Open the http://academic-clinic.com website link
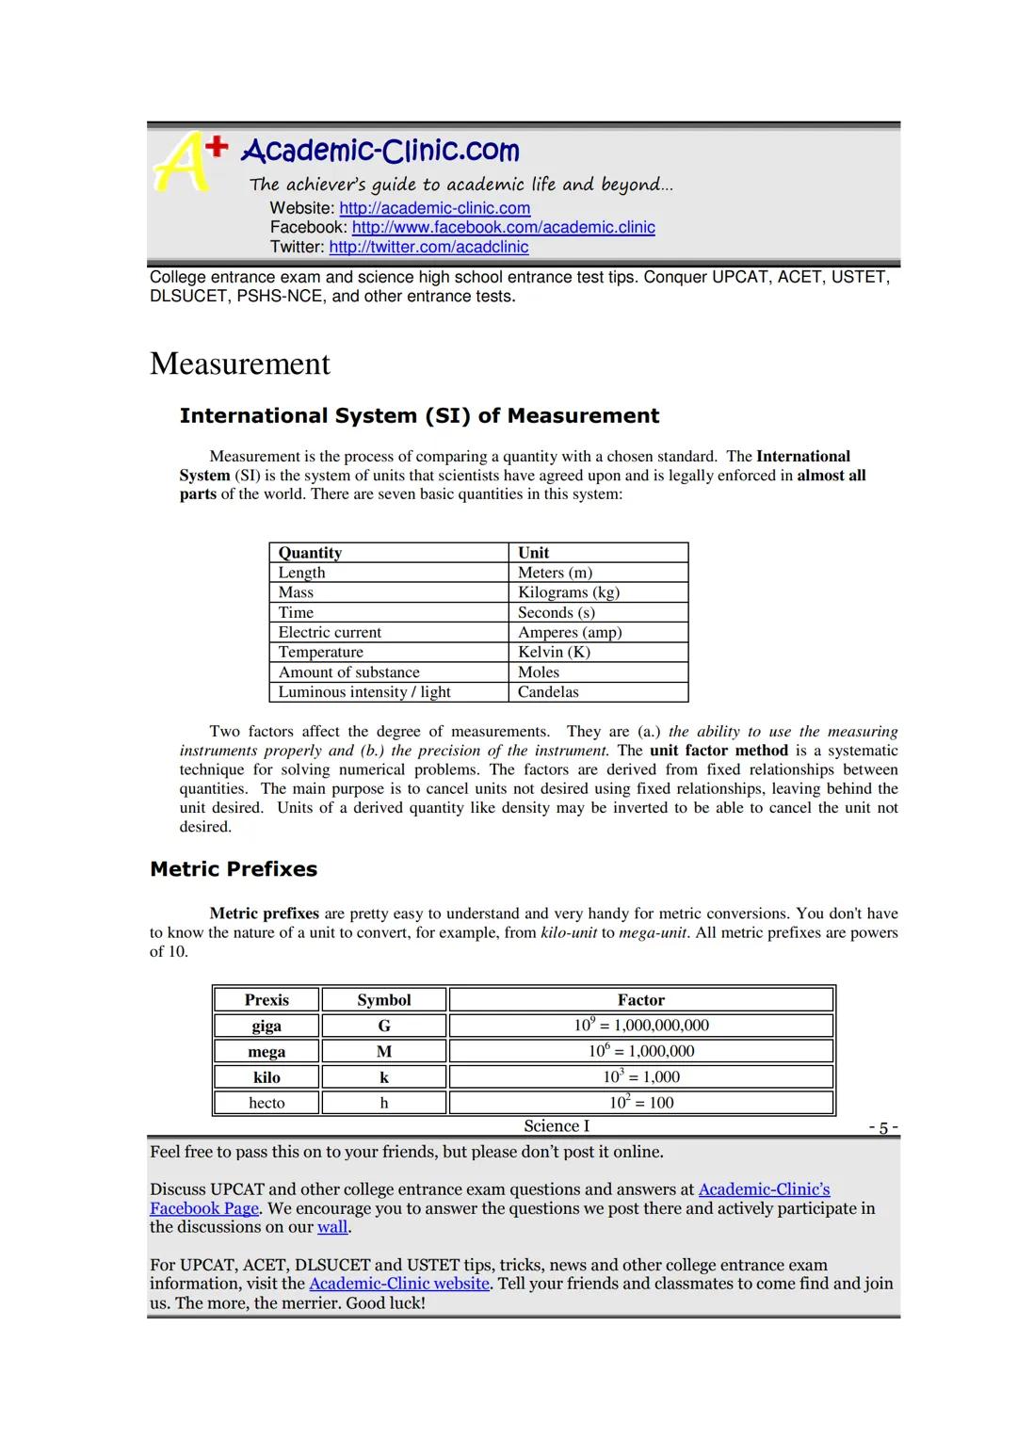coord(434,208)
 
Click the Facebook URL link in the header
coord(503,227)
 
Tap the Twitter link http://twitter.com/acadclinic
coord(428,247)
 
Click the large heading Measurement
coord(240,364)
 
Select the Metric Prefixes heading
coord(234,869)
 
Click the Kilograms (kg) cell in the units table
coord(569,592)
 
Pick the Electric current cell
coord(330,632)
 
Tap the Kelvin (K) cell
coord(554,652)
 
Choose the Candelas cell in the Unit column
coord(548,692)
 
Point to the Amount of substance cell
coord(348,672)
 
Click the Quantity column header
coord(310,553)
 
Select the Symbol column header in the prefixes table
coord(384,1000)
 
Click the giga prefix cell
coord(266,1026)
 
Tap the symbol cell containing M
coord(384,1051)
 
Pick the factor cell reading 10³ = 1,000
coord(641,1076)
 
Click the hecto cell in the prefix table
coord(266,1103)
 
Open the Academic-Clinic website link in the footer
coord(399,1284)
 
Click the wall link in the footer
coord(332,1227)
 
